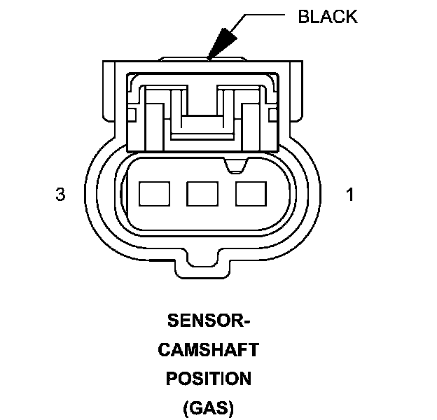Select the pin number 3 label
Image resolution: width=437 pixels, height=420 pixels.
(60, 195)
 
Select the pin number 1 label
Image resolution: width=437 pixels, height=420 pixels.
(350, 195)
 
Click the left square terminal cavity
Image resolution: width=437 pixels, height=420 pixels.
(153, 193)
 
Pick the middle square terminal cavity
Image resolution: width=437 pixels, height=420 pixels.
(202, 193)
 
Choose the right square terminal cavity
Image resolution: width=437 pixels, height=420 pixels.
(250, 193)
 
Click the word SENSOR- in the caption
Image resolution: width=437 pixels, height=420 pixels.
(209, 323)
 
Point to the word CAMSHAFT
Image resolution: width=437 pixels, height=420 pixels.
(209, 350)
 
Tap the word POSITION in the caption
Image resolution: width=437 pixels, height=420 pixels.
(209, 379)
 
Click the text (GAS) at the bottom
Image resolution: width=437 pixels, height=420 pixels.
(209, 407)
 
